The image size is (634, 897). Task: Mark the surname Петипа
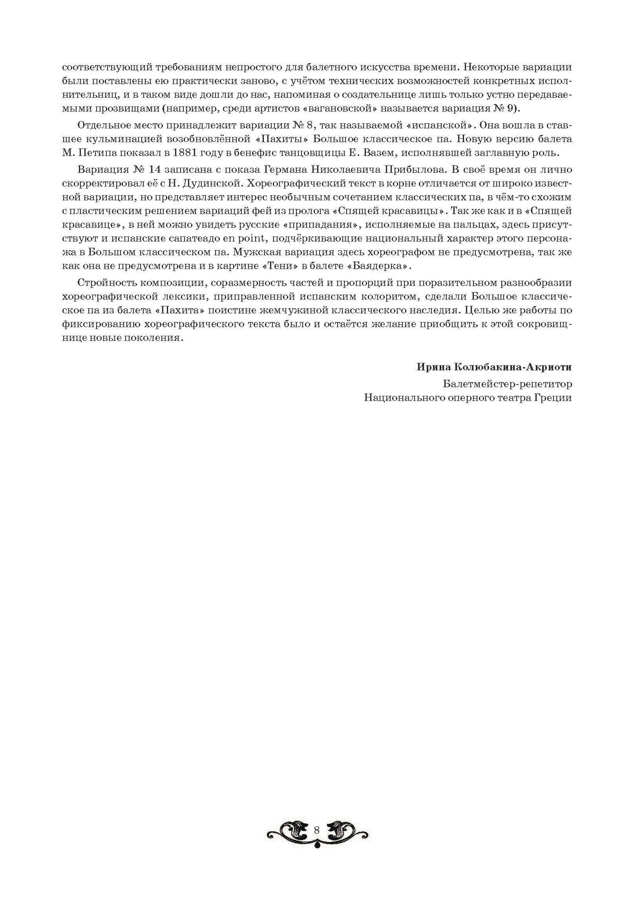point(104,152)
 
